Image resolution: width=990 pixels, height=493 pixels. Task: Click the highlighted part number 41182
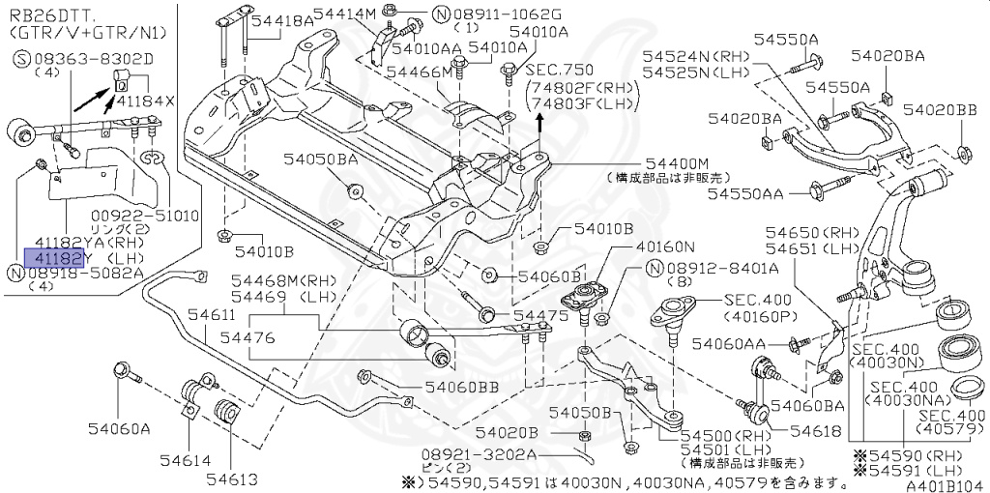click(60, 258)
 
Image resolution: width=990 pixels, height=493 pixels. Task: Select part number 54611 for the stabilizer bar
click(211, 315)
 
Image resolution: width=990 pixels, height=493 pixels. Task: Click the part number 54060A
click(119, 426)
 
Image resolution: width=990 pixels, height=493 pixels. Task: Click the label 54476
click(248, 338)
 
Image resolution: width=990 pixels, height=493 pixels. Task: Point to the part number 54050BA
click(322, 158)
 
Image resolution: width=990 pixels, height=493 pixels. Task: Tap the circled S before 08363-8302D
click(19, 59)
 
